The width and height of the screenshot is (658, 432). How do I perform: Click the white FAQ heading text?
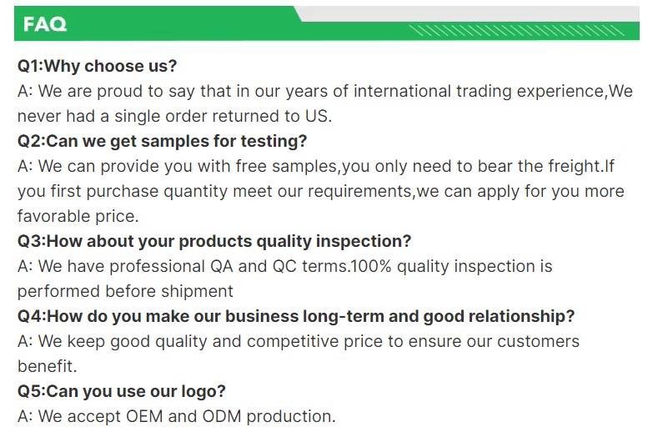coord(45,24)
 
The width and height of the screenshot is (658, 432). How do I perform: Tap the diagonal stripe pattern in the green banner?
coord(516,30)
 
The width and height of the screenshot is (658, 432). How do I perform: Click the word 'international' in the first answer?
coord(402,91)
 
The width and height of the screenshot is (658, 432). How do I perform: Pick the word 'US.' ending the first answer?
coord(319,116)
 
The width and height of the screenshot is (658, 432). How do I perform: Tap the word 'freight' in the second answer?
coord(575,166)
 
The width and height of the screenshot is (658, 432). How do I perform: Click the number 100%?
coord(370,267)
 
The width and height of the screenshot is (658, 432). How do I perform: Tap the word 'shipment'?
coord(197,291)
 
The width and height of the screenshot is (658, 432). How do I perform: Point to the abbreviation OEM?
coord(144,416)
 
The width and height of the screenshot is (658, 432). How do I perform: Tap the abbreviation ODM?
coord(222,416)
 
